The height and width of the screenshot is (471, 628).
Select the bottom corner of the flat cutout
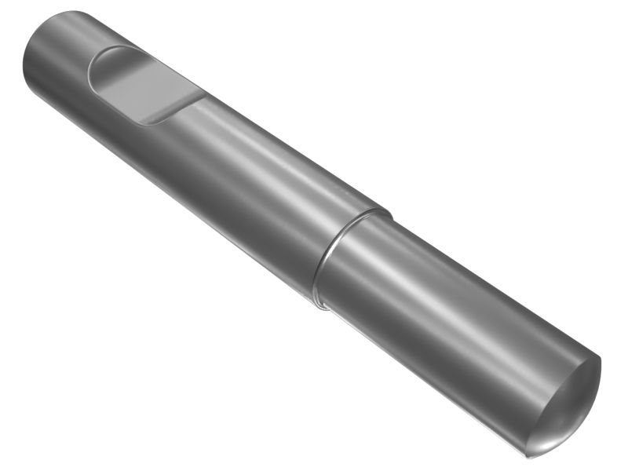tap(149, 125)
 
